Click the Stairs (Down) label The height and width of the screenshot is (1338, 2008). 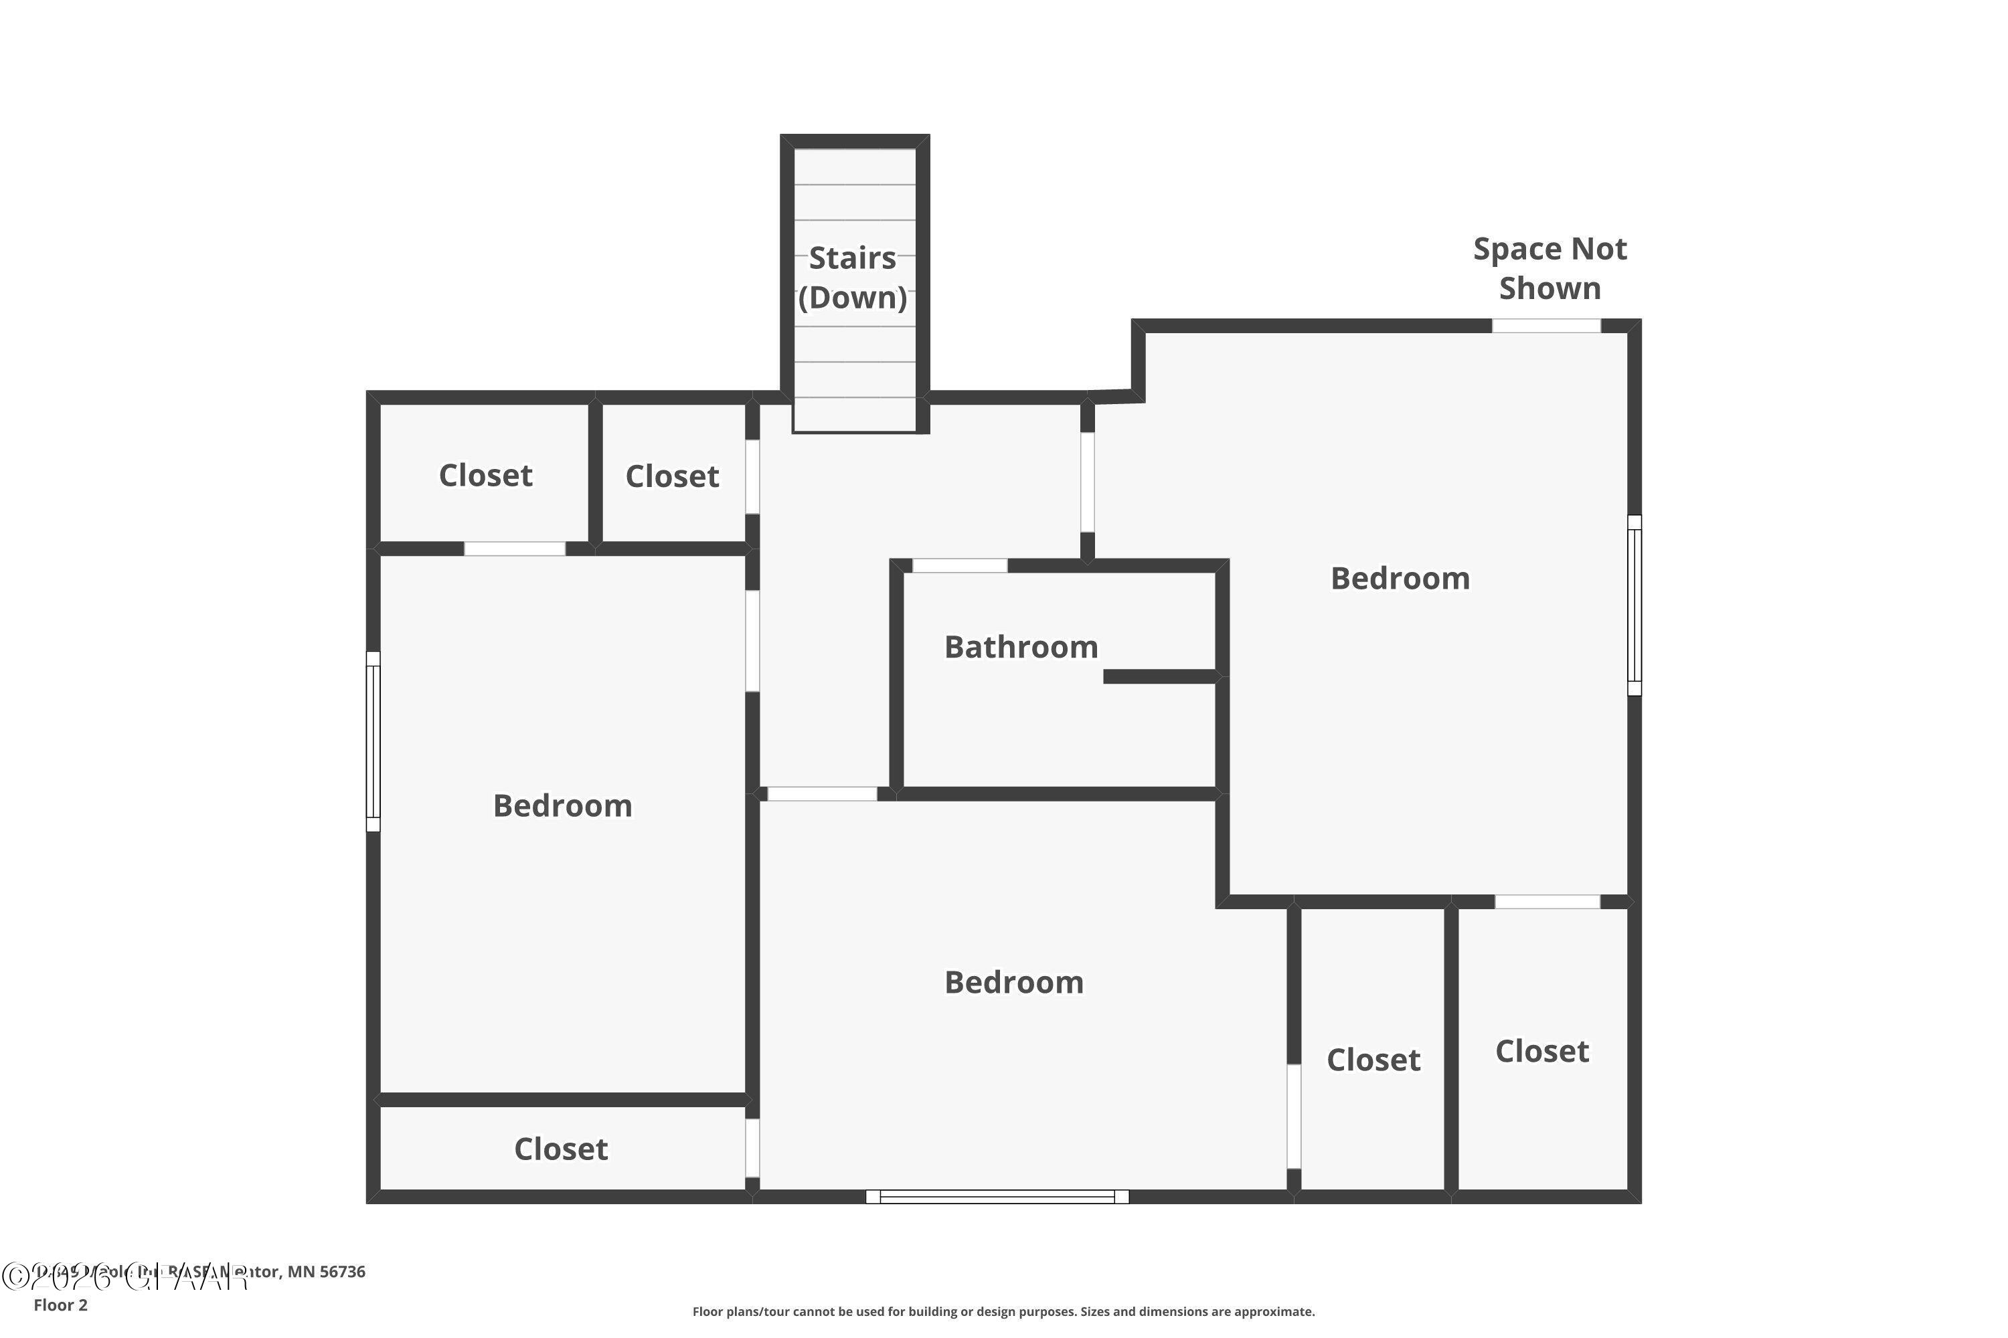point(852,278)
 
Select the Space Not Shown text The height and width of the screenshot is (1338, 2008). point(1550,269)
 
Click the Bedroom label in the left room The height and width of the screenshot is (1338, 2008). point(563,806)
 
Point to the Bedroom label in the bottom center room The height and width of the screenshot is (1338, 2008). point(1013,983)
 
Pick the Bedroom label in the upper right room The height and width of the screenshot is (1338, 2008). point(1400,579)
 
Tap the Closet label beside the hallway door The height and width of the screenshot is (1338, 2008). point(672,477)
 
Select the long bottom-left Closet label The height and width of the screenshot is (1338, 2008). point(561,1149)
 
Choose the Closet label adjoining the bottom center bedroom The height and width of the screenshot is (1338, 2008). point(1373,1060)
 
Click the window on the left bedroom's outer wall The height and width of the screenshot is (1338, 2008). point(373,741)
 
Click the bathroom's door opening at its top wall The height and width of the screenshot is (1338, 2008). point(960,566)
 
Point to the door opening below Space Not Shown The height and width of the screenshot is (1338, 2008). point(1546,326)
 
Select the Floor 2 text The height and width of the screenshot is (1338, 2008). point(61,1305)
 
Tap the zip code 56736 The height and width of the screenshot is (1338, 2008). point(342,1272)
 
